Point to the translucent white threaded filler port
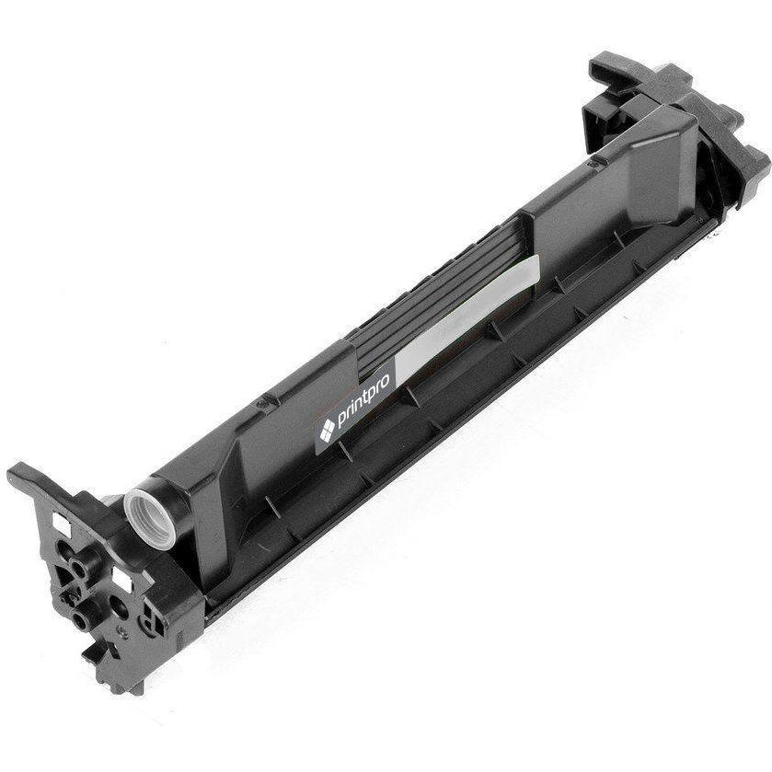tap(149, 518)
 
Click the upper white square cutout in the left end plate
tap(62, 524)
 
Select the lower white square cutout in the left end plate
tap(122, 579)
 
